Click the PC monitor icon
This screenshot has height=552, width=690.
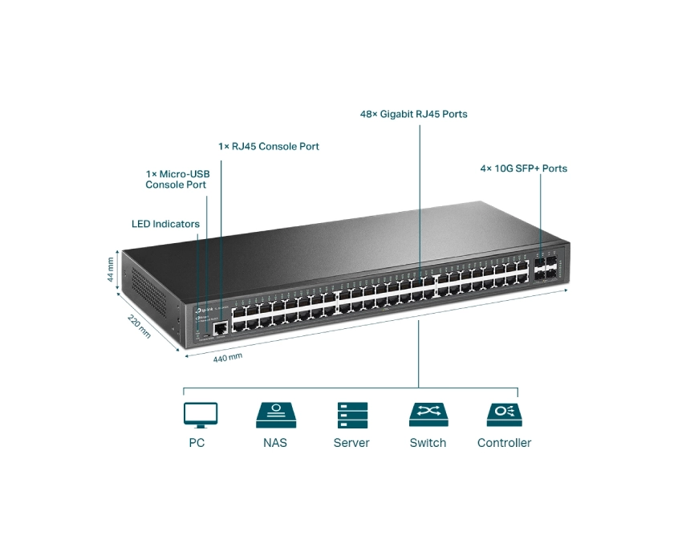coord(201,415)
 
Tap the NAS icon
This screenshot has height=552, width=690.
coord(274,415)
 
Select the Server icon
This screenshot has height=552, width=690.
coord(351,415)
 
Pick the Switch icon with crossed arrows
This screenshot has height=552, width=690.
coord(428,415)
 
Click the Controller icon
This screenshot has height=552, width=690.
coord(504,415)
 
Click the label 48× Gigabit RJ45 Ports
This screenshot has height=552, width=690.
coord(413,114)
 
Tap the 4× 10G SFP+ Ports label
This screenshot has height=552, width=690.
coord(523,168)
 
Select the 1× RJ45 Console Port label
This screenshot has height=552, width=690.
coord(269,147)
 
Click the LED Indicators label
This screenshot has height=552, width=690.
coord(165,224)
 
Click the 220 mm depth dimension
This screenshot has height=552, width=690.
coord(140,326)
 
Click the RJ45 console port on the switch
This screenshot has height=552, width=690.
coord(218,326)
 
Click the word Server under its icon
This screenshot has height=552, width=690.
coord(351,443)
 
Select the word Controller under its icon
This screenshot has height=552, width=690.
coord(504,443)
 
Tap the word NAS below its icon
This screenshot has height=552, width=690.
coord(274,443)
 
